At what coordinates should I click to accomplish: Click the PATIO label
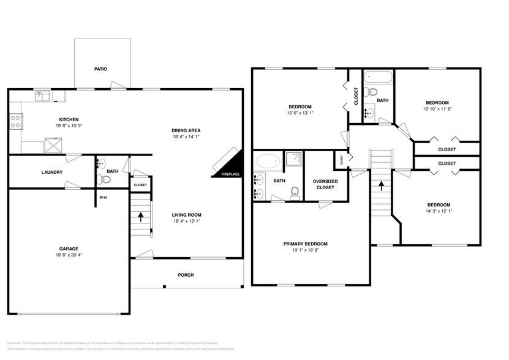coord(100,69)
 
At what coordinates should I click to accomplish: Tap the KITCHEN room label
coord(67,119)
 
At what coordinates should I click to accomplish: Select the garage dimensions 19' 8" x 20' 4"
coord(68,256)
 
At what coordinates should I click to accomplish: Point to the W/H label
coord(104,198)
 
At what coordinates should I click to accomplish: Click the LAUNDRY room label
coord(52,172)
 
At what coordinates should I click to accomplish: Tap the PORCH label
coord(186,275)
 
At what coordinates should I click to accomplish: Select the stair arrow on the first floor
coord(141,216)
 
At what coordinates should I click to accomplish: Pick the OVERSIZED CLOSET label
coord(323,184)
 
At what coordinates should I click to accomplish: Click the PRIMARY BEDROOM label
coord(305,243)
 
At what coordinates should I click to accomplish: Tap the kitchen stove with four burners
coord(15,121)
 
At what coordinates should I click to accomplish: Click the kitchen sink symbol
coord(42,96)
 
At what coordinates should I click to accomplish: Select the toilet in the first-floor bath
coord(104,179)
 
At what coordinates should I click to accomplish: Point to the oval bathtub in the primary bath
coord(267,162)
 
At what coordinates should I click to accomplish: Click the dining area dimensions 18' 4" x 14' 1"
coord(186,137)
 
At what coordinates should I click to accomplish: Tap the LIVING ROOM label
coord(186,215)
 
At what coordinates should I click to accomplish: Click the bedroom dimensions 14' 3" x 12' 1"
coord(439,211)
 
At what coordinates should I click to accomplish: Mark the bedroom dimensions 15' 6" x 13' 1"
coord(300,113)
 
